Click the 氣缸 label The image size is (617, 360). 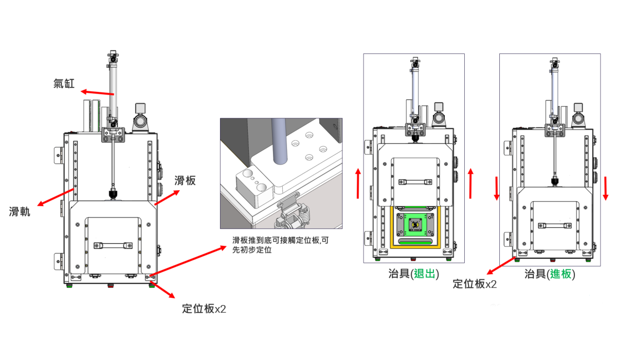64,83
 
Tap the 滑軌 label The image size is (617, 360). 20,211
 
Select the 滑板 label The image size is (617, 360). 185,181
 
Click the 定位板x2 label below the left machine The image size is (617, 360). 204,309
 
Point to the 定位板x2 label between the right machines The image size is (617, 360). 475,284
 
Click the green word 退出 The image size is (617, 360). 425,274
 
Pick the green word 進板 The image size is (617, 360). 560,274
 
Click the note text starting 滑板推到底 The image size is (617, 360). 280,245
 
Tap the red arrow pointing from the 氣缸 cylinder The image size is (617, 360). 97,93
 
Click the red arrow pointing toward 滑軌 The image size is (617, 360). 56,197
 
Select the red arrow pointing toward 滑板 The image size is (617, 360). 167,197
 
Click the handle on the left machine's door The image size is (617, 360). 113,245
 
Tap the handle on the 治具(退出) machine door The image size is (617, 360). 415,182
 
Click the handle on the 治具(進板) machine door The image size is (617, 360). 555,226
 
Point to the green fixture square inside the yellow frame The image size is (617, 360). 415,225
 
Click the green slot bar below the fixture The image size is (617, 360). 415,242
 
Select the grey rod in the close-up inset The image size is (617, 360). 279,141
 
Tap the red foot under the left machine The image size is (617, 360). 110,285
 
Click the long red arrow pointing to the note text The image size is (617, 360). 188,261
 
